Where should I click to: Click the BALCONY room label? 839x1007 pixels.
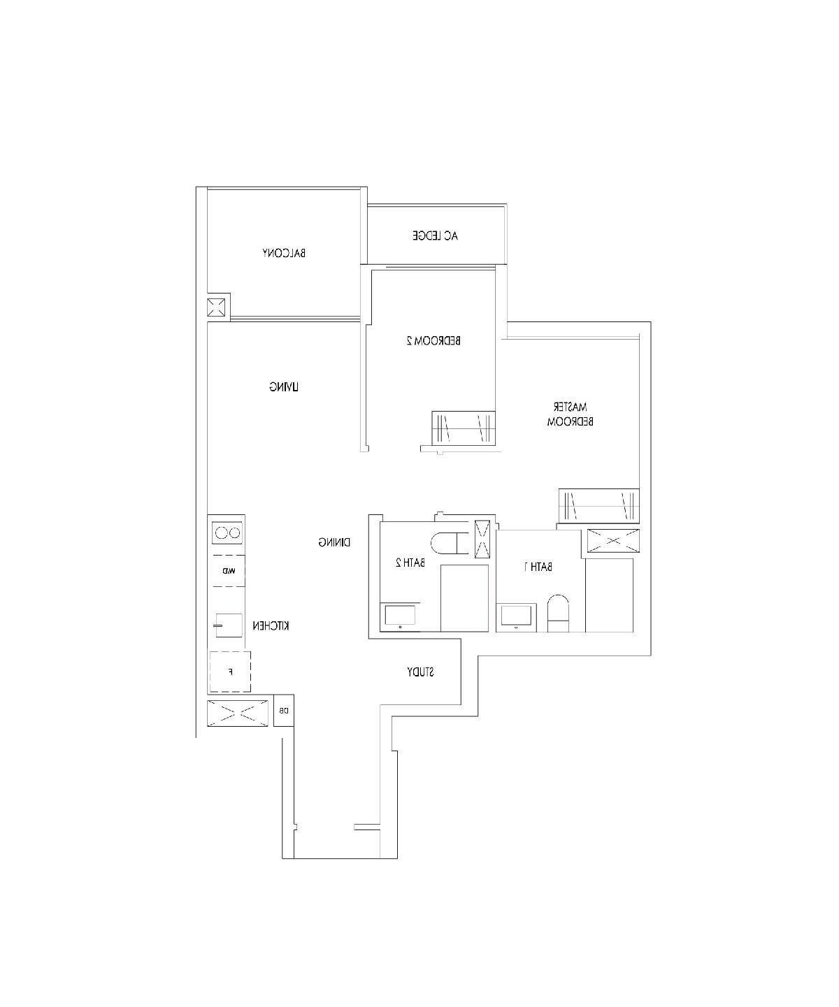(284, 253)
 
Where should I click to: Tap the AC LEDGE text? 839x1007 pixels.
(435, 236)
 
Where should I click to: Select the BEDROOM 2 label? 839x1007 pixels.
(433, 341)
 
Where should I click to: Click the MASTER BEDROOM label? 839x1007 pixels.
(570, 414)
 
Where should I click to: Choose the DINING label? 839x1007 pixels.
(334, 542)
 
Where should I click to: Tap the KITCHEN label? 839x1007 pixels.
(271, 626)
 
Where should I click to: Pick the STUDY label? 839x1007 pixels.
(420, 672)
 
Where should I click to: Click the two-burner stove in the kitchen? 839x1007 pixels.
(227, 533)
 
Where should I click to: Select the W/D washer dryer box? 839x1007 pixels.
(229, 571)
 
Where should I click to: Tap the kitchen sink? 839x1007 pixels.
(228, 625)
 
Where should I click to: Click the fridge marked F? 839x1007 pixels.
(230, 672)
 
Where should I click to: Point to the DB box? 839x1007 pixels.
(284, 711)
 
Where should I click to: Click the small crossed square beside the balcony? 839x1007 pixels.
(217, 307)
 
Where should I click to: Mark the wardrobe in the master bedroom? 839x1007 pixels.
(598, 505)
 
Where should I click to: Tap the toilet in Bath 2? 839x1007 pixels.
(447, 543)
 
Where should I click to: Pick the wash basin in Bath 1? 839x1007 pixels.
(517, 616)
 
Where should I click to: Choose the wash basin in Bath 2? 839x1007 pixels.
(400, 616)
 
